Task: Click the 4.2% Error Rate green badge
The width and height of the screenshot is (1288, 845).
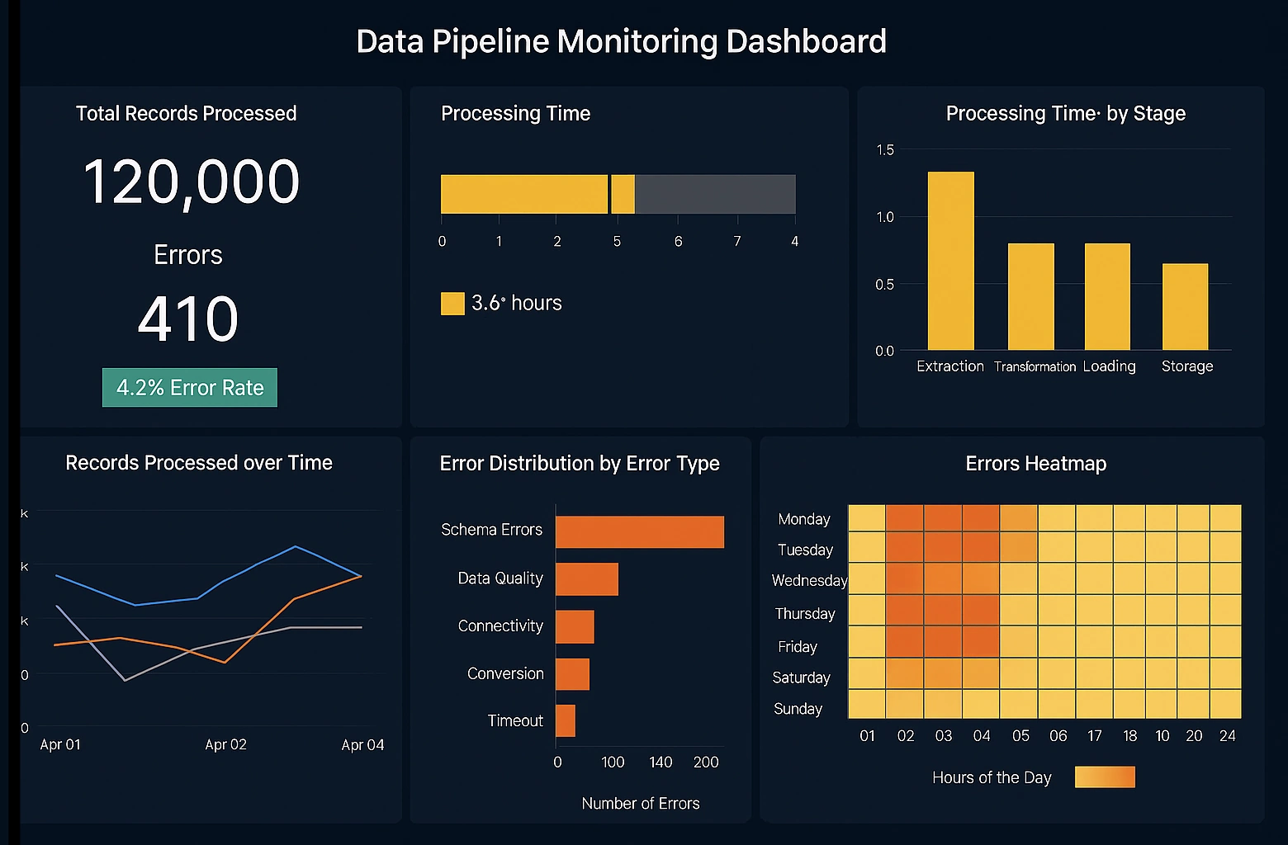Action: pos(190,388)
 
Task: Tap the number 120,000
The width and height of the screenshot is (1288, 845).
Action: pos(191,182)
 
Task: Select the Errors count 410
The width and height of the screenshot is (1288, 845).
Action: pos(188,319)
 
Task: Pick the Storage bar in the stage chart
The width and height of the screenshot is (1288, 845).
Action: pos(1185,306)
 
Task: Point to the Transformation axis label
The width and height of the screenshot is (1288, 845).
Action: pos(1035,366)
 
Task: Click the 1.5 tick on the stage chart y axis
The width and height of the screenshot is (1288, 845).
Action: pos(884,149)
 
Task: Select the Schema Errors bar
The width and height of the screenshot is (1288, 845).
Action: pos(639,532)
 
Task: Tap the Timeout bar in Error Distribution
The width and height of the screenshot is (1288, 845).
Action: pos(566,720)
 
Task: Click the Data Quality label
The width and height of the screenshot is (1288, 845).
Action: pos(500,578)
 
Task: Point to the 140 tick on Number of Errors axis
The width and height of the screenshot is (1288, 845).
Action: pos(661,762)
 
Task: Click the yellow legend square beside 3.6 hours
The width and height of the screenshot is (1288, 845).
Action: pos(452,304)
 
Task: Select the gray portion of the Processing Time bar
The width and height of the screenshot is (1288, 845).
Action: pos(715,194)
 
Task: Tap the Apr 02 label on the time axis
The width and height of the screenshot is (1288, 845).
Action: pos(225,744)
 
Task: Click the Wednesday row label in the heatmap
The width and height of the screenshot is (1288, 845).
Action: pos(808,581)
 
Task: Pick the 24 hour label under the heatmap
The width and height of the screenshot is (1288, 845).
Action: pos(1227,735)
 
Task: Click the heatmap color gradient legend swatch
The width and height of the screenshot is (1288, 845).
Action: pos(1105,777)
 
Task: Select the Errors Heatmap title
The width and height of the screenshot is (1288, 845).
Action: pos(1035,464)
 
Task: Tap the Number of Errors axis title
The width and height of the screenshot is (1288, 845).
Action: pos(640,803)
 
